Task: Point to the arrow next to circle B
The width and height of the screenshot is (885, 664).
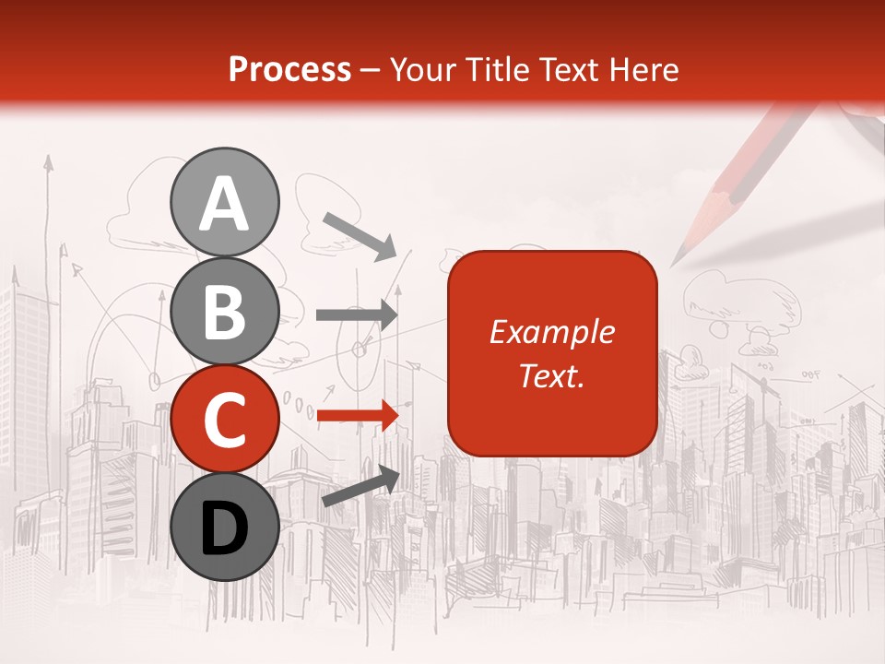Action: (357, 314)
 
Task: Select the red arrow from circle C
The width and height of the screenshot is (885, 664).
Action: (357, 416)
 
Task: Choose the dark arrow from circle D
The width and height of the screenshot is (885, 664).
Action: (360, 486)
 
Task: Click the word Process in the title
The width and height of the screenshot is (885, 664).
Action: (290, 70)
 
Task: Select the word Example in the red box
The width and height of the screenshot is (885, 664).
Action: (551, 332)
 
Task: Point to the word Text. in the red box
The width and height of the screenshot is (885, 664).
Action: (551, 376)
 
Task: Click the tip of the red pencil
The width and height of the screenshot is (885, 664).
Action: (674, 263)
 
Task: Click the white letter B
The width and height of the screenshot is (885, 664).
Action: (225, 312)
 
